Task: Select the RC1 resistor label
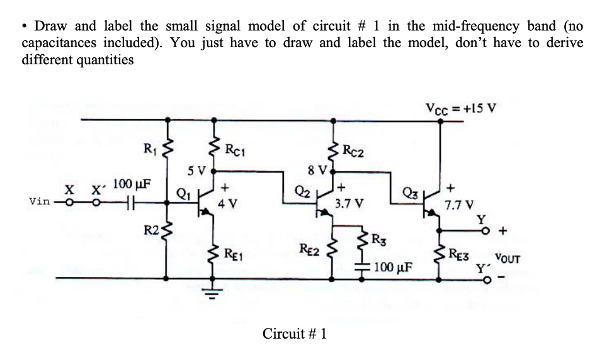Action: (x=235, y=150)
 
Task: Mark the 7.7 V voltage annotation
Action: (x=458, y=204)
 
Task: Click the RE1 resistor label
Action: (x=235, y=255)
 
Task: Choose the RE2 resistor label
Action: (x=310, y=252)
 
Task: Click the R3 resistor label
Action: (x=379, y=239)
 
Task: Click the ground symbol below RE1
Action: (x=212, y=291)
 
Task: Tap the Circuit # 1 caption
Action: (x=294, y=334)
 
